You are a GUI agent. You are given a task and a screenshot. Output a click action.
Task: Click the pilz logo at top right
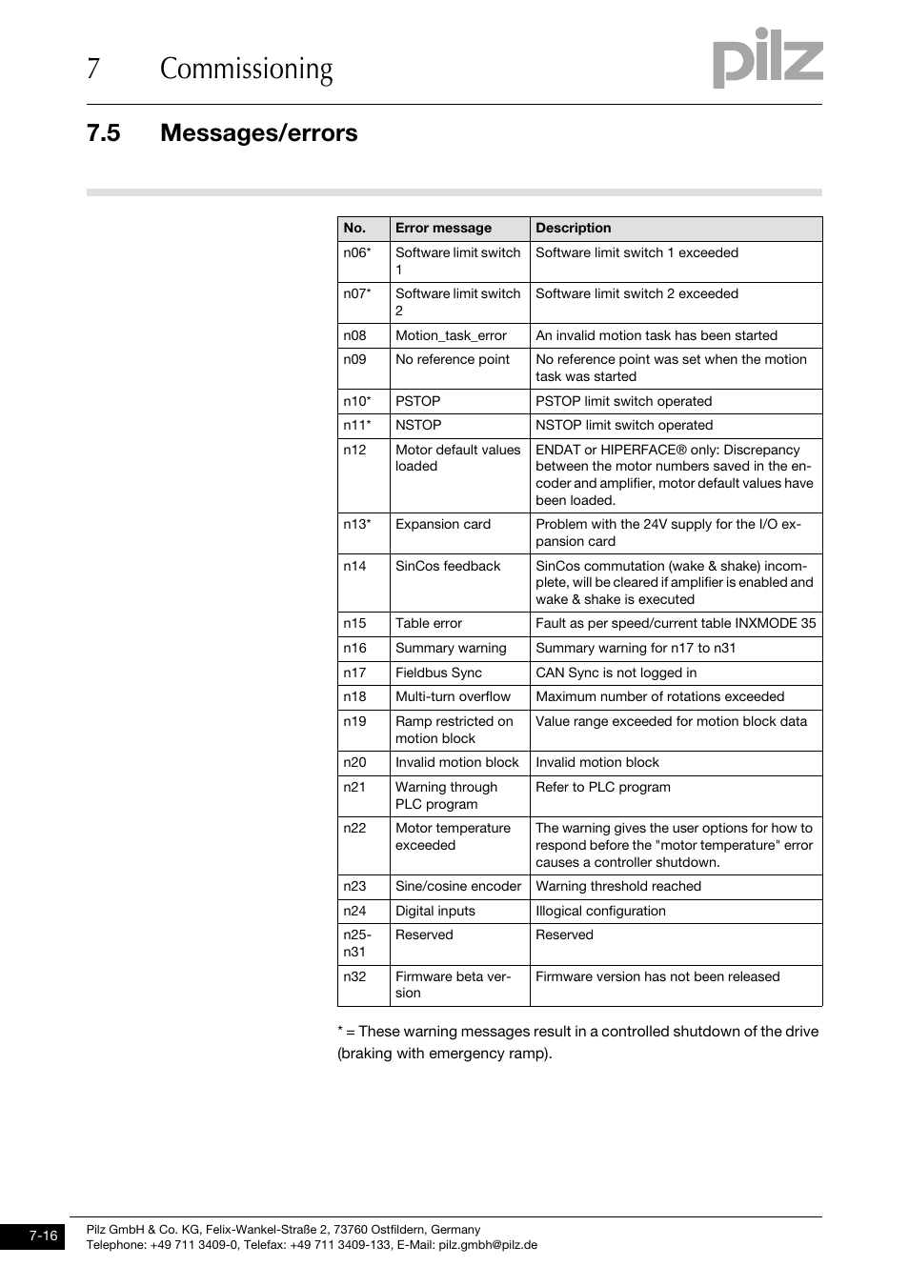[x=767, y=59]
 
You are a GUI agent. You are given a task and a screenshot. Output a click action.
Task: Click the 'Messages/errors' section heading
[x=258, y=132]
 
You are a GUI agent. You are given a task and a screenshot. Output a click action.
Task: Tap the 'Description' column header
[x=573, y=228]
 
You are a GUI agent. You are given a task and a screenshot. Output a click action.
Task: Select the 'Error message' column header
[x=443, y=228]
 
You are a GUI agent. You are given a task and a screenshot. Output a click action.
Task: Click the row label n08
[x=354, y=335]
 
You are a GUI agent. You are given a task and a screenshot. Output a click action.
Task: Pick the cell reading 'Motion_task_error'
[x=451, y=335]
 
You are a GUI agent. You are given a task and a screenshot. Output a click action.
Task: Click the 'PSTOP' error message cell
[x=418, y=401]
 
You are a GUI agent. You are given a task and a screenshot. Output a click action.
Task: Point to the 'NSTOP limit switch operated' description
[x=623, y=425]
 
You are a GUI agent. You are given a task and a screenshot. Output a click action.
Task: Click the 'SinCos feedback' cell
[x=448, y=566]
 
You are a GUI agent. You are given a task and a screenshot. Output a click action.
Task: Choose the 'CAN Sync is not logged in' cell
[x=616, y=673]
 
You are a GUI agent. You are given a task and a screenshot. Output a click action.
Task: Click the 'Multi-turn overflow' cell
[x=453, y=696]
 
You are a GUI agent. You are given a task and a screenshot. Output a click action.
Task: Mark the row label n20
[x=354, y=762]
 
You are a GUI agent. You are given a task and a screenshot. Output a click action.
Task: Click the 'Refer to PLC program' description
[x=602, y=787]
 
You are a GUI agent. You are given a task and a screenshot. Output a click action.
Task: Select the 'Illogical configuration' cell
[x=600, y=911]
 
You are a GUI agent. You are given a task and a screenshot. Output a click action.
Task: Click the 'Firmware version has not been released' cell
[x=656, y=976]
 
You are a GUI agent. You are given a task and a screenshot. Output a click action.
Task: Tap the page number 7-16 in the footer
[x=43, y=1236]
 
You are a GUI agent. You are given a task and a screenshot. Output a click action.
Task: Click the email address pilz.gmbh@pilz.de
[x=488, y=1244]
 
